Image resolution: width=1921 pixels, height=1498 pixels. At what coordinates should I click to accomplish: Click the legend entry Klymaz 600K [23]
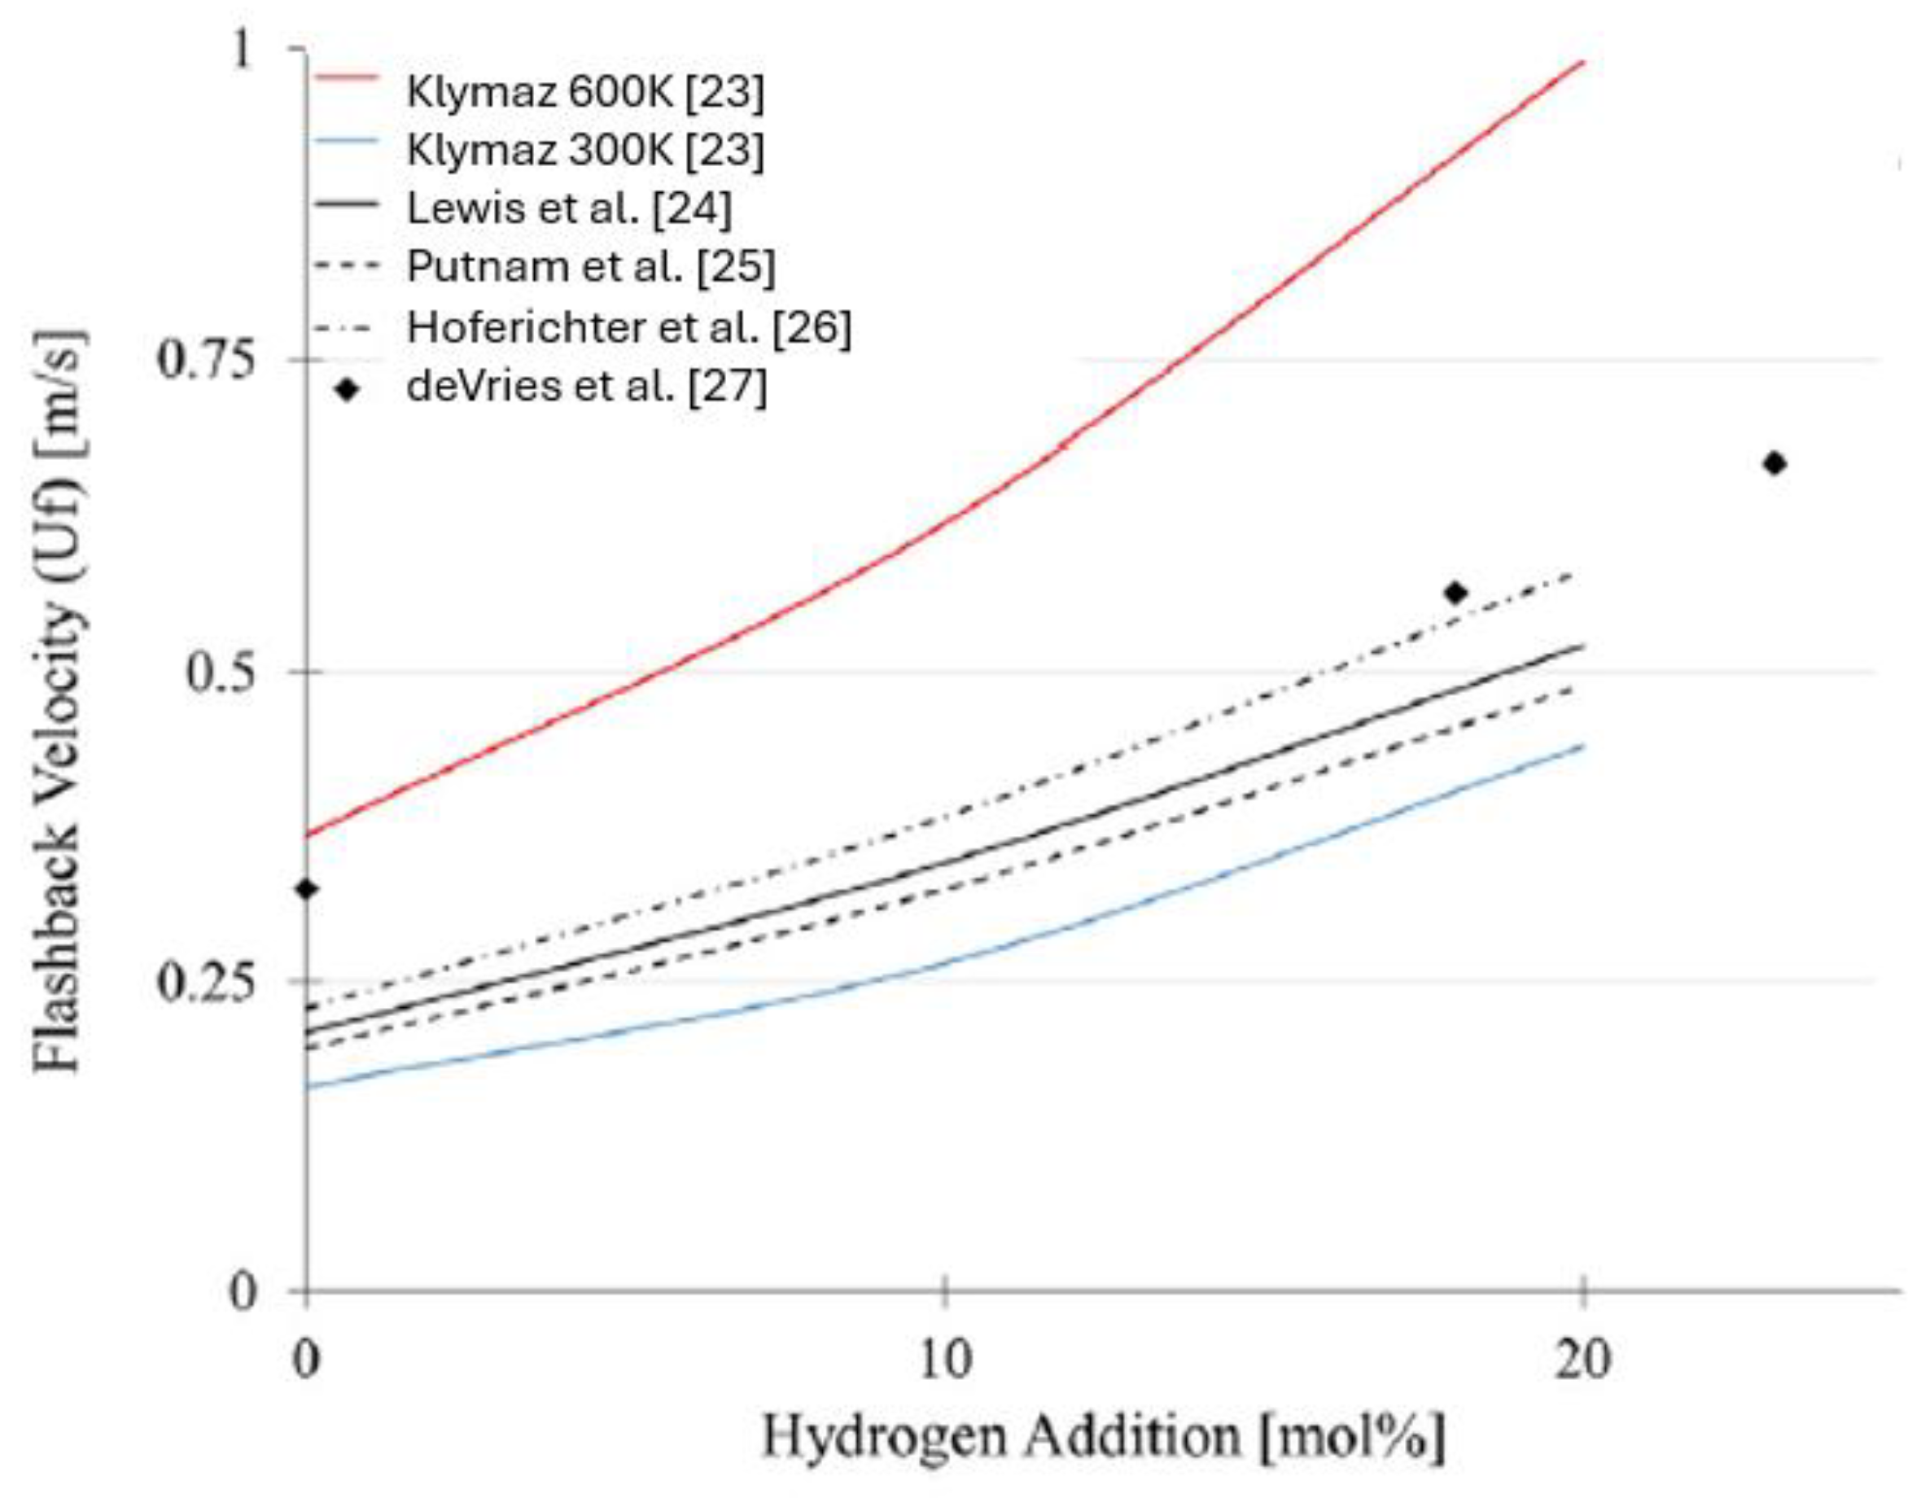pyautogui.click(x=585, y=91)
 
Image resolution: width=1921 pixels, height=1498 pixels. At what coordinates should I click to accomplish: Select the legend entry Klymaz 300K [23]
pyautogui.click(x=585, y=151)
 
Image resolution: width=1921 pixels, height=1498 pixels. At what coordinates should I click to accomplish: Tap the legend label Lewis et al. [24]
pyautogui.click(x=568, y=209)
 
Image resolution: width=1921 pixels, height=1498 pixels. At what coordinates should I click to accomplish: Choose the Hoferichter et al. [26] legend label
pyautogui.click(x=628, y=327)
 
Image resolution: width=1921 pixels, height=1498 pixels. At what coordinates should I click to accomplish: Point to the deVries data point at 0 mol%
pyautogui.click(x=306, y=889)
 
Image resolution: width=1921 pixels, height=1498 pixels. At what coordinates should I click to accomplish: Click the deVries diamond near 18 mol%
pyautogui.click(x=1455, y=593)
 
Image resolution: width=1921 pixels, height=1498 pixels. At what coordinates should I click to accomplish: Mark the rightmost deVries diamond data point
pyautogui.click(x=1774, y=463)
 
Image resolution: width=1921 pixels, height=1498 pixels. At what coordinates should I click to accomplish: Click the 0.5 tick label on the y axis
pyautogui.click(x=220, y=673)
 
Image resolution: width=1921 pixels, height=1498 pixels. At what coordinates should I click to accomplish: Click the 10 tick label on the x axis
pyautogui.click(x=945, y=1360)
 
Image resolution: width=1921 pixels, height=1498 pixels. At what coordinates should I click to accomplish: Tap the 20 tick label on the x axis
pyautogui.click(x=1582, y=1360)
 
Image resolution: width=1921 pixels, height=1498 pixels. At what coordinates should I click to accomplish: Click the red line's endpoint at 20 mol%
pyautogui.click(x=1582, y=62)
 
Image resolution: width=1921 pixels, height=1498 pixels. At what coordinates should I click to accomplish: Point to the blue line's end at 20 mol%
pyautogui.click(x=1582, y=746)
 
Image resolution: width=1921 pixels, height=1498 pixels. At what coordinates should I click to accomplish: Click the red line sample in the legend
pyautogui.click(x=346, y=78)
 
